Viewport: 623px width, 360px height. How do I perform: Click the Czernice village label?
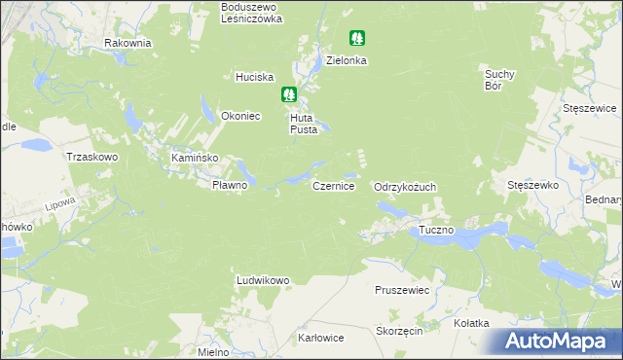pos(333,185)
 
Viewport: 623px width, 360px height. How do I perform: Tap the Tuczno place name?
pos(437,231)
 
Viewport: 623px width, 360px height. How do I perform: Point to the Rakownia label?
pos(128,44)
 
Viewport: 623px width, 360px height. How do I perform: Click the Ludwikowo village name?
pos(263,281)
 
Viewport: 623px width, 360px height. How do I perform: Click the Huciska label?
pos(255,77)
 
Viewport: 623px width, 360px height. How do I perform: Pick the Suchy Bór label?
pos(498,79)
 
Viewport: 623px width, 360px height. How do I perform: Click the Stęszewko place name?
pos(531,184)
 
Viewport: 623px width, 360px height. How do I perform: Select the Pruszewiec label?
pos(402,290)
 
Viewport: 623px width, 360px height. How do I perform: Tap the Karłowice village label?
pos(321,339)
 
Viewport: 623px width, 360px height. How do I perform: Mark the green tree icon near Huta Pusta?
pos(289,94)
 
